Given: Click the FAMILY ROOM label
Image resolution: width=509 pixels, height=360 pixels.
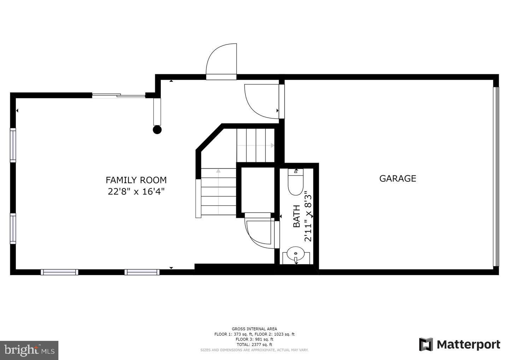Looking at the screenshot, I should click(x=136, y=180).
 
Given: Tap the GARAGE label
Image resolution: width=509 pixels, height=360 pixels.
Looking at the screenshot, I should click(x=398, y=178).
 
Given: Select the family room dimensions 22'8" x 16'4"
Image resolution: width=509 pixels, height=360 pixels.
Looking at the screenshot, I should click(x=136, y=192).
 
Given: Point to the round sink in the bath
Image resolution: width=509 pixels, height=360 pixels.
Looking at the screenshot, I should click(x=296, y=254).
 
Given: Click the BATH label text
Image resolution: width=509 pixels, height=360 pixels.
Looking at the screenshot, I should click(x=297, y=216).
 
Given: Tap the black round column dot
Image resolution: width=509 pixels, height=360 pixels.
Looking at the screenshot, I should click(x=157, y=130).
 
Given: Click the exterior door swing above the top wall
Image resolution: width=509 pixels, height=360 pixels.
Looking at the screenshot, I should click(x=221, y=60).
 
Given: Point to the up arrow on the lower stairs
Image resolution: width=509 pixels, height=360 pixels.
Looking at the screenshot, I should click(x=218, y=172).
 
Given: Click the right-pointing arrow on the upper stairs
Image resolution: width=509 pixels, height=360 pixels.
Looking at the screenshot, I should click(x=272, y=145).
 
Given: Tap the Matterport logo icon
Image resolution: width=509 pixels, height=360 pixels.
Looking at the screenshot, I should click(x=426, y=344).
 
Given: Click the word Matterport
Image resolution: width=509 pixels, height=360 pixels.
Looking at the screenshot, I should click(x=468, y=344).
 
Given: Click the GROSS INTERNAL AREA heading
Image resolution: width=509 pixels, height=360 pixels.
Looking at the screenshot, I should click(x=254, y=329).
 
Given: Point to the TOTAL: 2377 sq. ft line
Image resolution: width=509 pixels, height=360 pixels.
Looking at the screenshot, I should click(x=254, y=344).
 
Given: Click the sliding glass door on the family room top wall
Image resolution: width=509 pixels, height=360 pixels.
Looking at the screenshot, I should click(x=118, y=95).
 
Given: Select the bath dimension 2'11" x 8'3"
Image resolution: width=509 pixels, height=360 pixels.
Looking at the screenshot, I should click(x=308, y=216).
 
